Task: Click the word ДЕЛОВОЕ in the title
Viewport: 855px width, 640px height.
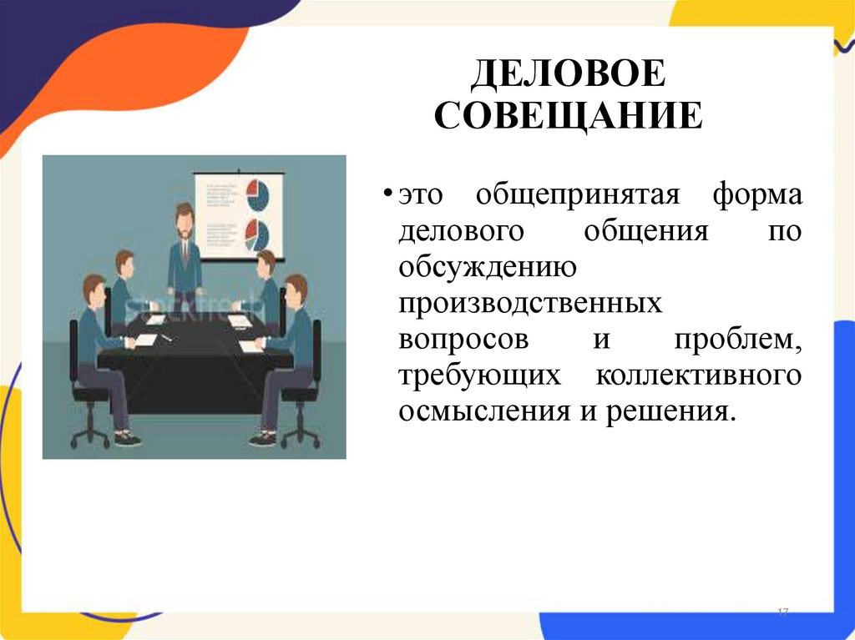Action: coord(568,76)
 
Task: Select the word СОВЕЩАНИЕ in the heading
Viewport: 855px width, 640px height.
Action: coord(568,116)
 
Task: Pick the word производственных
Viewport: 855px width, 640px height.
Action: coord(529,304)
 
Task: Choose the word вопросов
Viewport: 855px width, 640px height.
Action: coord(463,340)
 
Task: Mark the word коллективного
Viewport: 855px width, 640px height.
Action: coord(698,375)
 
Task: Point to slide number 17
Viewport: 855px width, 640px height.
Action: coord(782,613)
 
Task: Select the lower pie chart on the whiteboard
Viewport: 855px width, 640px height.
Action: coord(257,234)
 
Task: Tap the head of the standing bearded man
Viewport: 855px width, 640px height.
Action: coord(184,218)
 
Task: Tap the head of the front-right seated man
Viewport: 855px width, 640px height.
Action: coord(296,288)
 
